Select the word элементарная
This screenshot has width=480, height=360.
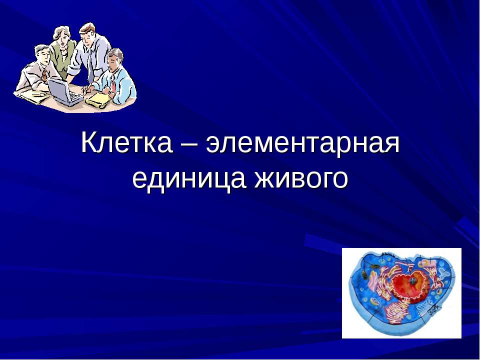304,144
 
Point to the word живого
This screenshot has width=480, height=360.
300,178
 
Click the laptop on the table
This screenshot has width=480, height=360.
64,93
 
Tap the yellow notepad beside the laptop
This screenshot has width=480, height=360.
98,98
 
